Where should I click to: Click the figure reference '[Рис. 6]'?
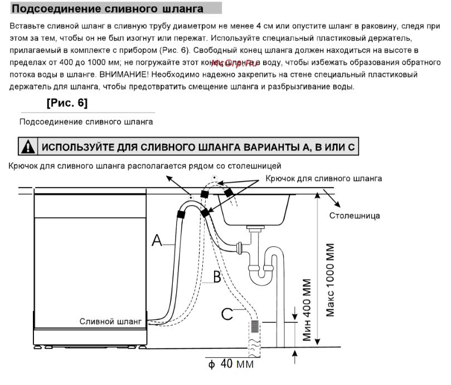pyautogui.click(x=67, y=103)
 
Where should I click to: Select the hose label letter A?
pyautogui.click(x=157, y=241)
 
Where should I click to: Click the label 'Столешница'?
pyautogui.click(x=355, y=215)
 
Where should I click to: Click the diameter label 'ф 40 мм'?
pyautogui.click(x=231, y=364)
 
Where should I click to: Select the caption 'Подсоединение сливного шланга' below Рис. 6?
pyautogui.click(x=86, y=121)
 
